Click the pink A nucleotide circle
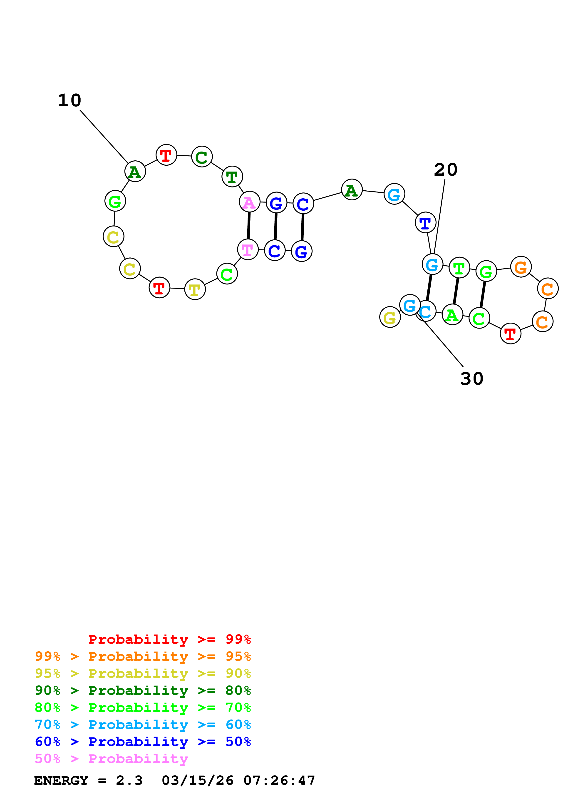(x=249, y=202)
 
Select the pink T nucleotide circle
(x=248, y=250)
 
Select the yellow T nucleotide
(x=195, y=289)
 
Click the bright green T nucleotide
(x=459, y=268)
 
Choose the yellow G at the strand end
(x=390, y=317)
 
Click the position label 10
(x=69, y=101)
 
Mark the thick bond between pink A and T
(x=249, y=226)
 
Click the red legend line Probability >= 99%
(x=169, y=639)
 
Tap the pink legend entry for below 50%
(x=111, y=759)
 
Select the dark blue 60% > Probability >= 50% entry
(x=143, y=742)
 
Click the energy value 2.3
(x=129, y=781)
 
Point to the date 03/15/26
(x=197, y=781)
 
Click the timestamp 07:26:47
(x=279, y=781)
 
